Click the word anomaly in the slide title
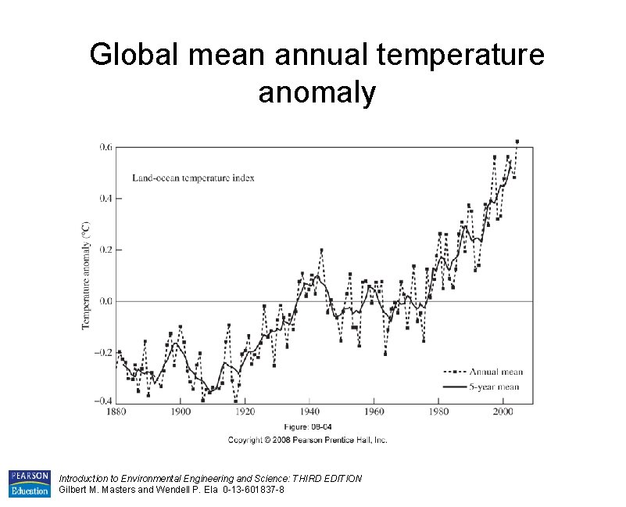317,92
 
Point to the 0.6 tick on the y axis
106,146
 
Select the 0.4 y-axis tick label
106,198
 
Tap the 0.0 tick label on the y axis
106,301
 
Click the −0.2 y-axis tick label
103,352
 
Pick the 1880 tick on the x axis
116,411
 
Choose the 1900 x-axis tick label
181,411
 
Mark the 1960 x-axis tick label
374,411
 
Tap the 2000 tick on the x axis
503,411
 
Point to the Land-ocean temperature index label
193,178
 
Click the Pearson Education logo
29,484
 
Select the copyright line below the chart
307,440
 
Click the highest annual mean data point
517,142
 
